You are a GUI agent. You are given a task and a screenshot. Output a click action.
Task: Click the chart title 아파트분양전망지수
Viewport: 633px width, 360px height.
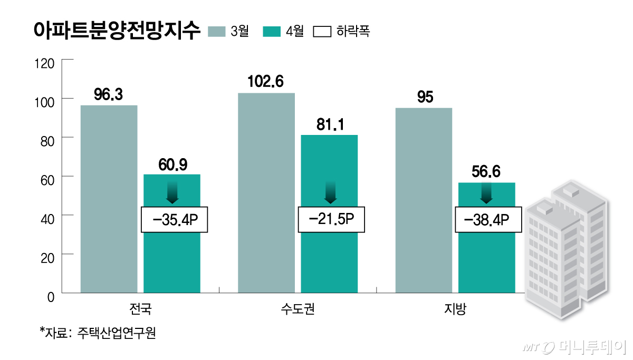click(117, 30)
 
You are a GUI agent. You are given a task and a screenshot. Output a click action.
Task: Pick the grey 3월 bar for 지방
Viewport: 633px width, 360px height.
click(423, 200)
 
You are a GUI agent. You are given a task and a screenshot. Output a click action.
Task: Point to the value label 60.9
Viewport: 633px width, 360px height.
click(172, 164)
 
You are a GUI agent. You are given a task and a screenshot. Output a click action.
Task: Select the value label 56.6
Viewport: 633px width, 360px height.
click(486, 172)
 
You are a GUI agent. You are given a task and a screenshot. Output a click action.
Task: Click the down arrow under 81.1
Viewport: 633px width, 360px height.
click(330, 193)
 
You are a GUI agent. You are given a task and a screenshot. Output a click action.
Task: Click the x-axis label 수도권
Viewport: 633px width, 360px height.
click(298, 308)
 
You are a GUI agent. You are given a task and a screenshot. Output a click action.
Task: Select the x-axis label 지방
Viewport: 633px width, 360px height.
click(455, 308)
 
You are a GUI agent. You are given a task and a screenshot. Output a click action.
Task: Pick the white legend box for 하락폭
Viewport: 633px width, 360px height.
click(322, 31)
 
